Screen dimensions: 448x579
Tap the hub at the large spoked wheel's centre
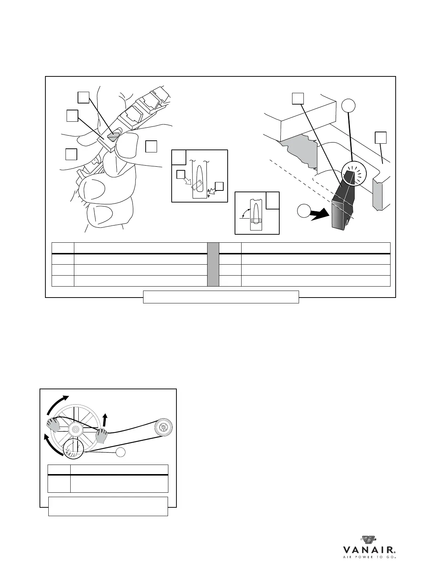75,429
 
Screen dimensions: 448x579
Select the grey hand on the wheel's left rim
53,425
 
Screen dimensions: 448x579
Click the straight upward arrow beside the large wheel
106,420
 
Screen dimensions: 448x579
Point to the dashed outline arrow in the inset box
189,182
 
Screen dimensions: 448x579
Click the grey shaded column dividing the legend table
213,264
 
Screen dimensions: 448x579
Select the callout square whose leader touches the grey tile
84,97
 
